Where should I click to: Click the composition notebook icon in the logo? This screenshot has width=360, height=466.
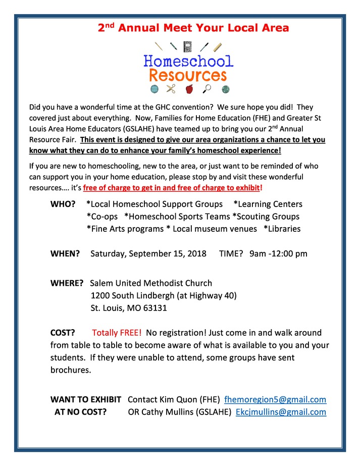point(188,46)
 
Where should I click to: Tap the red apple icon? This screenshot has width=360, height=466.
point(189,89)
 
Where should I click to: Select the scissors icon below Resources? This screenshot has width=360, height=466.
point(171,89)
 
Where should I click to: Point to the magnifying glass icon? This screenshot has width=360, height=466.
point(207,89)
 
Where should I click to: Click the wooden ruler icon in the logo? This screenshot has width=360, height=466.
point(218,47)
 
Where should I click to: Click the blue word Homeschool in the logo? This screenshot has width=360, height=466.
point(188,62)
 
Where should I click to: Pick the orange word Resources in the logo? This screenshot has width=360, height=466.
point(187,76)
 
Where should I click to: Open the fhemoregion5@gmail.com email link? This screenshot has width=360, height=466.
point(275,399)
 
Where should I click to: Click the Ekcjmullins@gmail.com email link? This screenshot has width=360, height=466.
point(281,412)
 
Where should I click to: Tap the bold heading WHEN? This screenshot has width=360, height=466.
point(65,253)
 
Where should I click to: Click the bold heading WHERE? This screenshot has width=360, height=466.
point(68,283)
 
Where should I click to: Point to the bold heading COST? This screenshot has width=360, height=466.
point(63,333)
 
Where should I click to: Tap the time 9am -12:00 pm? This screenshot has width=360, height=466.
point(278,253)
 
